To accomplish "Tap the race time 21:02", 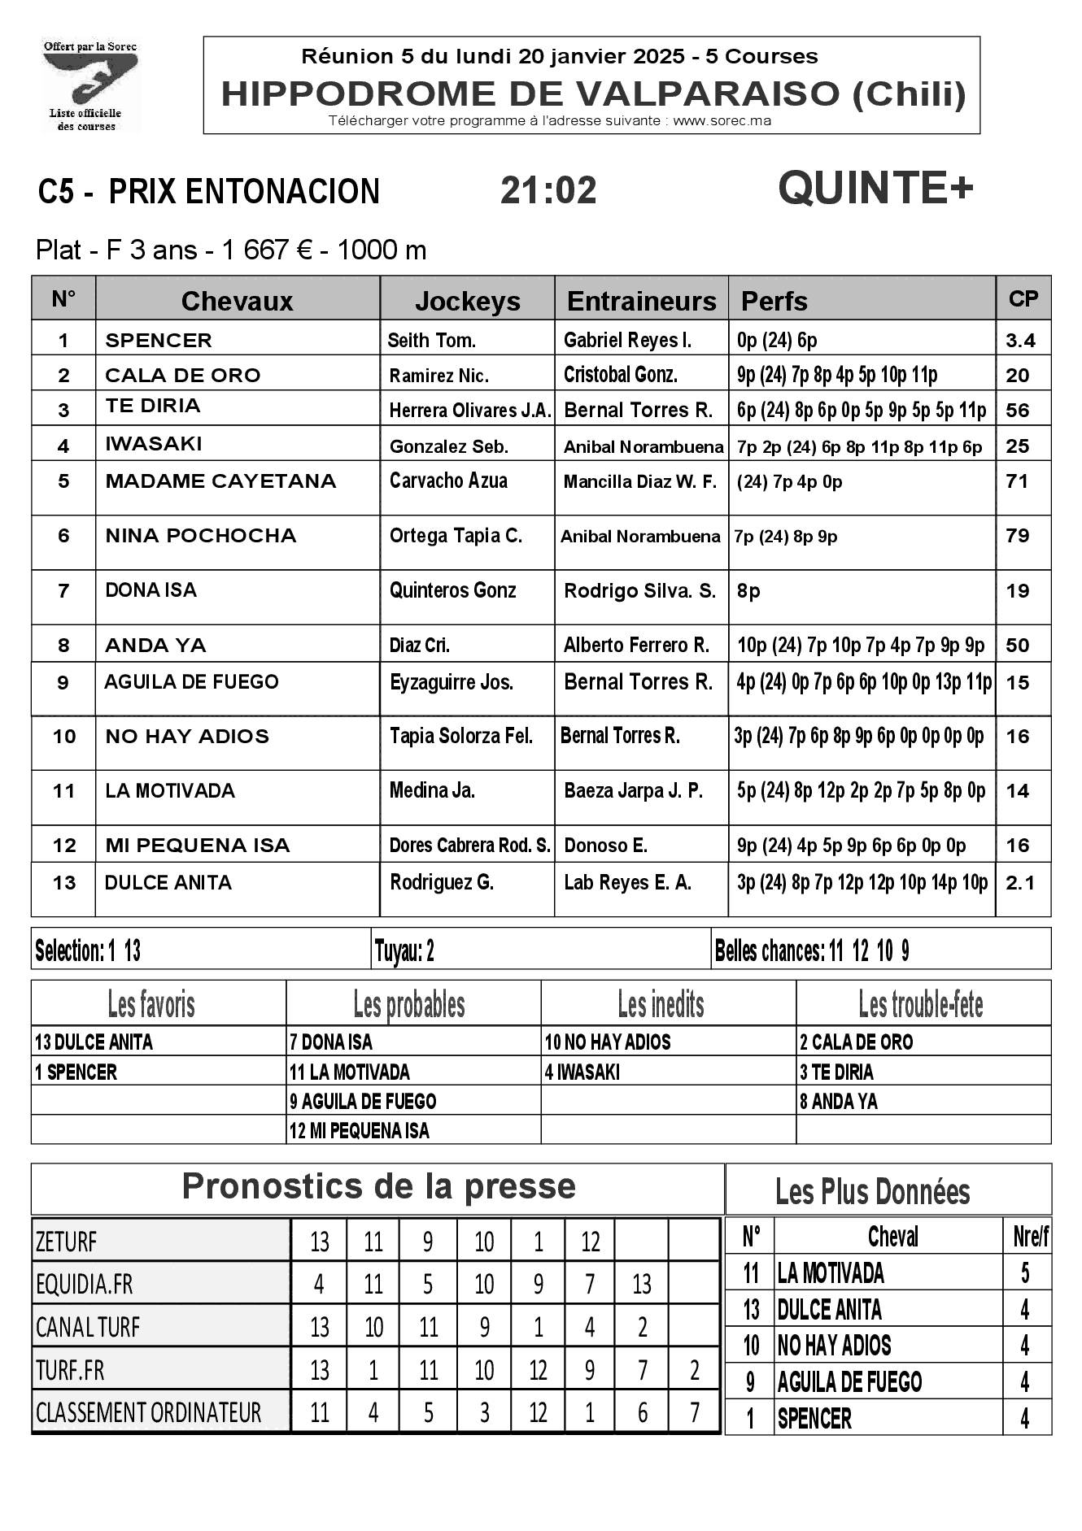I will (548, 190).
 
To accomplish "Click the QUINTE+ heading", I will (875, 189).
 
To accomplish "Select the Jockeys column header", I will (467, 301).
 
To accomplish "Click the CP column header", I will (1023, 299).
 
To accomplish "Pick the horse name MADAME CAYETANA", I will (220, 481).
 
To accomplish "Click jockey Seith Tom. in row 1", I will (432, 341).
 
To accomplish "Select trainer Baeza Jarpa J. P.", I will (633, 791).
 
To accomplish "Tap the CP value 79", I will (1018, 536).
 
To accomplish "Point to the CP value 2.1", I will (1020, 883).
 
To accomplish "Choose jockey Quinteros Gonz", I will (452, 591).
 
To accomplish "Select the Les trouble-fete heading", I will (921, 1005).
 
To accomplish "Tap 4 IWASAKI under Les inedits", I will (582, 1072).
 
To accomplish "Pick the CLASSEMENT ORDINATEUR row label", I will (149, 1413).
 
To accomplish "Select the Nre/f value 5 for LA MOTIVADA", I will (1025, 1273).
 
